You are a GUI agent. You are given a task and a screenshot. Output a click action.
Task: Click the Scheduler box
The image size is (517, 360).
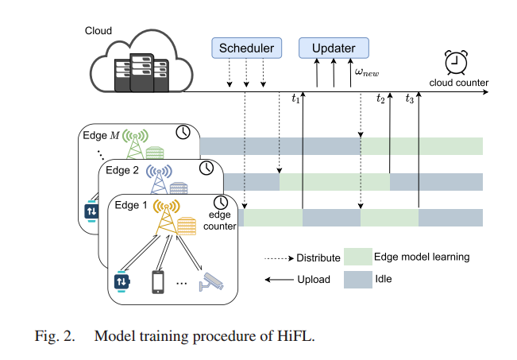(x=247, y=48)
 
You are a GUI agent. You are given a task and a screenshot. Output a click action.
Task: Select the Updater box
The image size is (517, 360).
(x=334, y=48)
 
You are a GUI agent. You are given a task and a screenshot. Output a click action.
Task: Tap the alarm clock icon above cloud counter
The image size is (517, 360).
(x=456, y=62)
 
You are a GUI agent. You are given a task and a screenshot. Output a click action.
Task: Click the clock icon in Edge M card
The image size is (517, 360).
(x=183, y=132)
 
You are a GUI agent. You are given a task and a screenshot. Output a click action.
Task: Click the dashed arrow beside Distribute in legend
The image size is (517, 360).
(x=279, y=257)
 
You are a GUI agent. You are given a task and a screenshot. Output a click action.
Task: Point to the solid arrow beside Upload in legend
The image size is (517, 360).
(x=279, y=280)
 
